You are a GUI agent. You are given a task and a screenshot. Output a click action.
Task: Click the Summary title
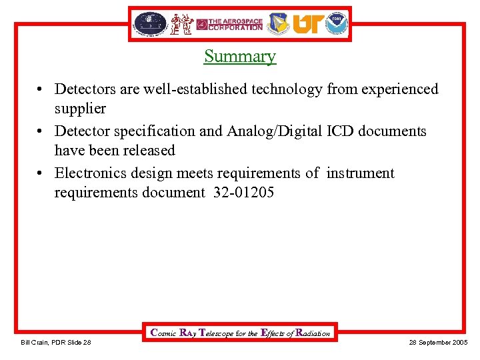tap(240, 56)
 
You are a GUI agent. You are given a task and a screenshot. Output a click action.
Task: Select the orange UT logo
tap(307, 24)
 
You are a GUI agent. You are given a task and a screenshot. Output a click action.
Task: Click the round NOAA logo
tap(337, 24)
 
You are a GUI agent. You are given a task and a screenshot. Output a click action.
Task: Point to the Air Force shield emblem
tap(278, 24)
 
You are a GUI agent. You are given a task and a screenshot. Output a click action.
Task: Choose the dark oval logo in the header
tap(149, 24)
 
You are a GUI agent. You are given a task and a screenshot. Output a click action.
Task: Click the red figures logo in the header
tap(181, 24)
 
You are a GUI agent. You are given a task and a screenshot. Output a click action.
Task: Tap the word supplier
tap(80, 108)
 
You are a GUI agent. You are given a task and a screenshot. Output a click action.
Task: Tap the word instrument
tap(360, 173)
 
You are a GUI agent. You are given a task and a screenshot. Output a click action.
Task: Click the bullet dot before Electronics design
tap(41, 174)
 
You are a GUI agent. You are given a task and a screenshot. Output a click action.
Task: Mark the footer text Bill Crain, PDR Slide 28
tap(56, 343)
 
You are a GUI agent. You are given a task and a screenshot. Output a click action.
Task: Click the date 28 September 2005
tap(437, 343)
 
